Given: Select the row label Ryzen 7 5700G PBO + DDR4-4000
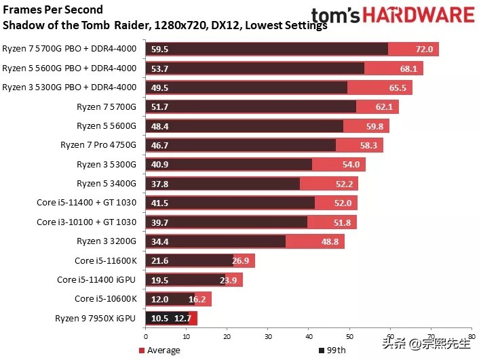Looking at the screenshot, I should pos(69,49).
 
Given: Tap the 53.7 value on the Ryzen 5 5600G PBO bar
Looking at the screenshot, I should pos(159,68).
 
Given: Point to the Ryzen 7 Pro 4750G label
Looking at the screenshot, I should pos(99,145).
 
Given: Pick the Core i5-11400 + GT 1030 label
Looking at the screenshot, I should pos(86,203).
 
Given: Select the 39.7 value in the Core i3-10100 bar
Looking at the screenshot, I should pos(159,222).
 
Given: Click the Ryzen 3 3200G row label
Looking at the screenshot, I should pos(107,241).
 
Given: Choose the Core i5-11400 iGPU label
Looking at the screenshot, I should pos(97,279).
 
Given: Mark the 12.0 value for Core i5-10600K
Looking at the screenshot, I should pos(159,299).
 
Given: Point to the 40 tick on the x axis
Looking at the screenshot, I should pos(309,335).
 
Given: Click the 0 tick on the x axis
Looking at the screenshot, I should pos(145,335).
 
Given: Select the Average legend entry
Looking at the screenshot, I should pos(163,351).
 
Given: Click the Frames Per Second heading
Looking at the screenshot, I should pos(54,10).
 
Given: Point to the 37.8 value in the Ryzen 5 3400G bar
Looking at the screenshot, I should pos(159,184).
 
